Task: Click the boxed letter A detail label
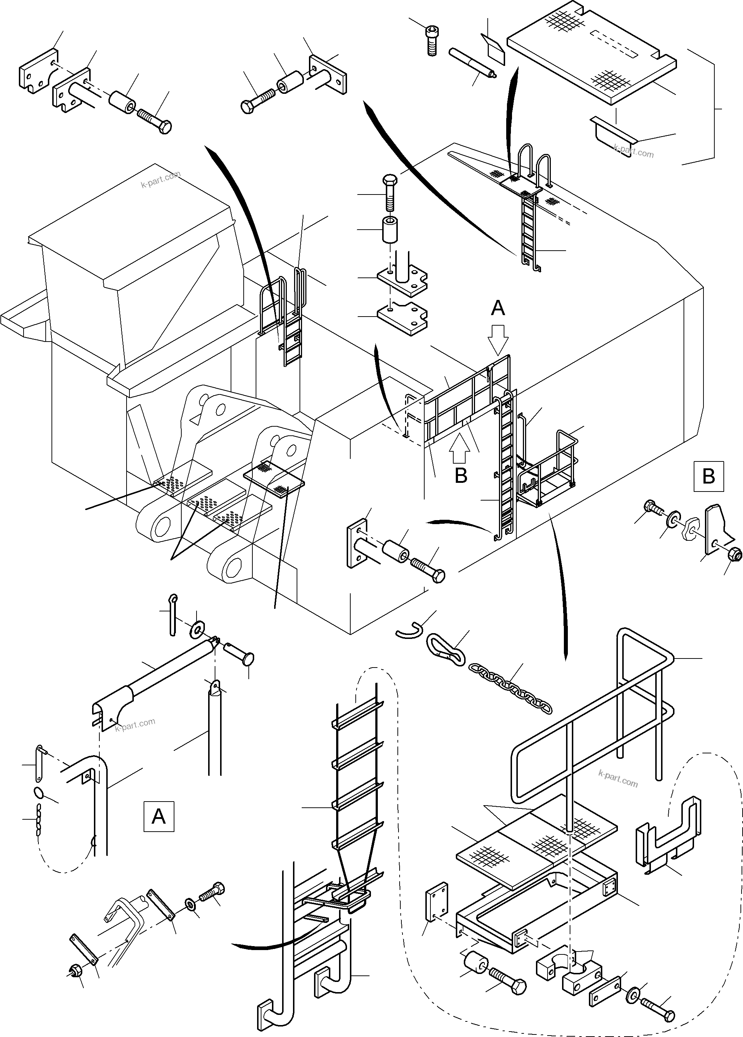pos(159,816)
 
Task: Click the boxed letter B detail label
pos(708,476)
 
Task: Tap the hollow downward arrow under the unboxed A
pos(498,339)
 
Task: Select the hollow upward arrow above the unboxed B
pos(460,449)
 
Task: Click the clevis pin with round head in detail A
pos(240,652)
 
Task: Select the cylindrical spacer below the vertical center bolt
pos(390,230)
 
